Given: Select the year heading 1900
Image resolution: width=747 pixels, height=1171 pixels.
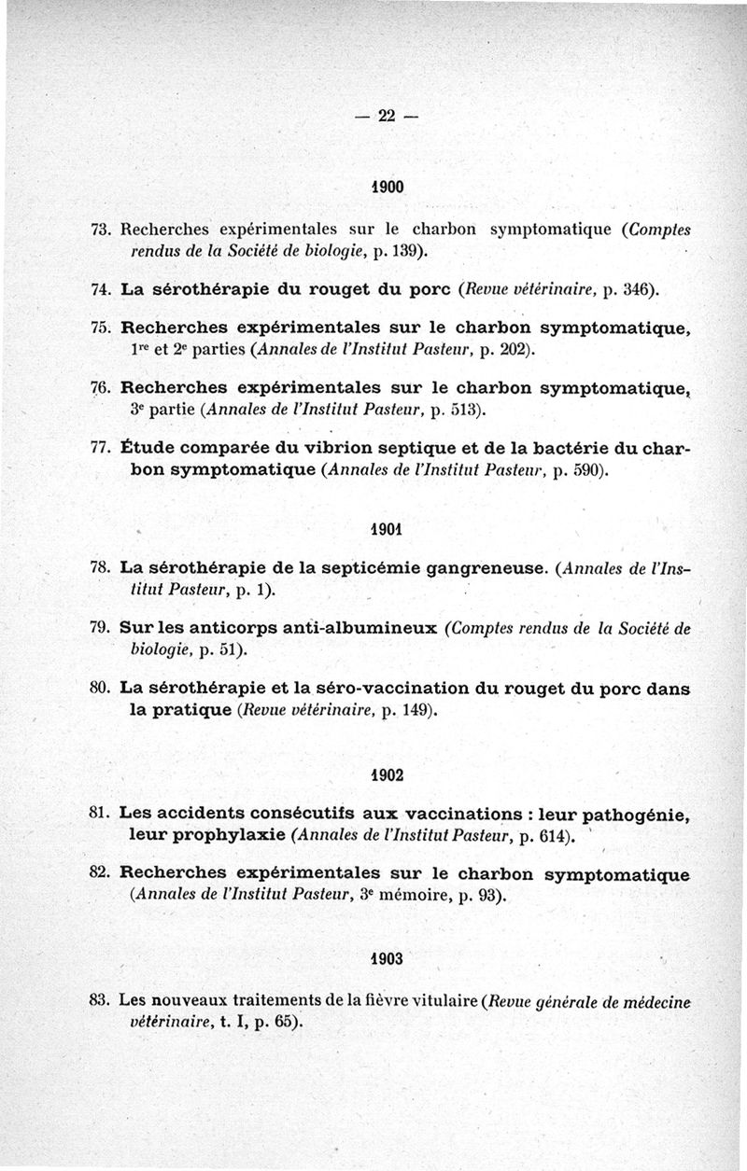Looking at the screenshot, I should tap(388, 187).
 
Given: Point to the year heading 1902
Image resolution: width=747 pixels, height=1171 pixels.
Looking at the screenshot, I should tap(387, 774).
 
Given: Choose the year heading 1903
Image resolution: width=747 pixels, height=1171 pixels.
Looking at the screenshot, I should tap(387, 958).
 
